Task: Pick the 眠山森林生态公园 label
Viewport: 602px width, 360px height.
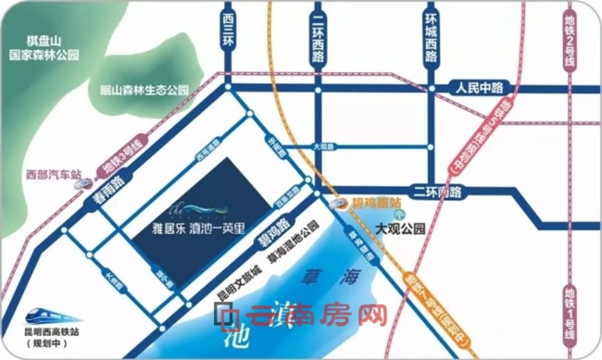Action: point(144,91)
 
